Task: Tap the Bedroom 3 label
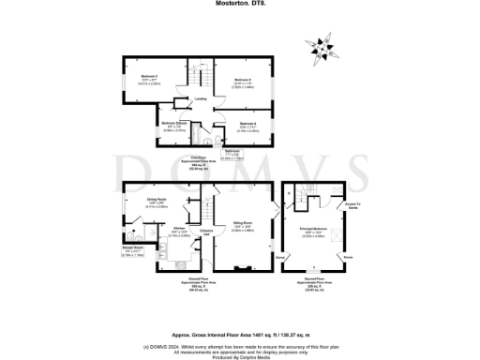coord(138,78)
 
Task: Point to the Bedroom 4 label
coord(247,127)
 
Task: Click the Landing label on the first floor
coord(201,98)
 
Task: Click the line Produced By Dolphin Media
coord(240,355)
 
